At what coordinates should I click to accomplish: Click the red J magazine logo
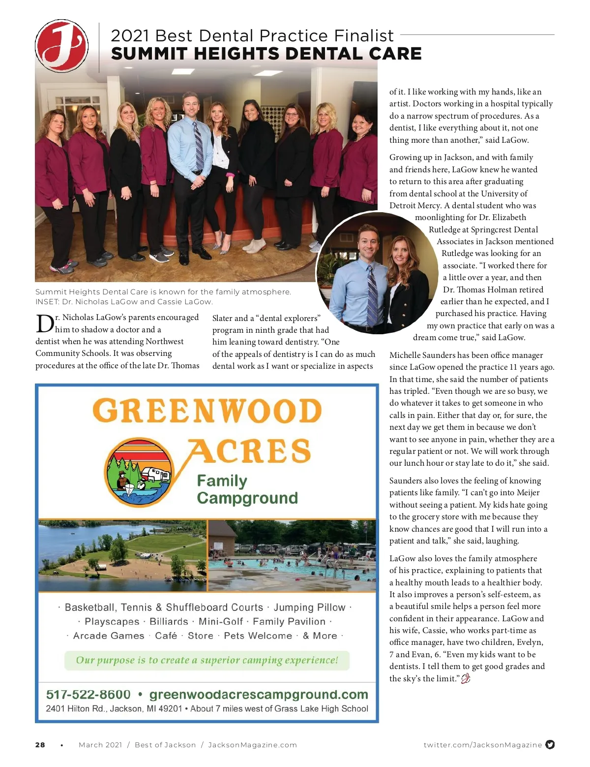61,46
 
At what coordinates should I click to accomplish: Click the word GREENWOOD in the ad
207,411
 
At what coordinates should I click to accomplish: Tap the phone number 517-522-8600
88,694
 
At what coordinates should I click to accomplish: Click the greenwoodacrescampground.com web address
259,694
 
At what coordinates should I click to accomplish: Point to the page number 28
40,745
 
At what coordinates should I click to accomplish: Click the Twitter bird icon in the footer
550,744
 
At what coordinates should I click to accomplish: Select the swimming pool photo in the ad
292,556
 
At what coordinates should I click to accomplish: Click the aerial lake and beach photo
122,556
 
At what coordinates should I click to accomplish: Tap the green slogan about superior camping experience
207,660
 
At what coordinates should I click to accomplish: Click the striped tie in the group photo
199,146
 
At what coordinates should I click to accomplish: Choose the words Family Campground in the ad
247,489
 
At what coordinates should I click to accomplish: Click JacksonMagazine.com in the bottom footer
253,745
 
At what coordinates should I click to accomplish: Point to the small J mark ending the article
466,678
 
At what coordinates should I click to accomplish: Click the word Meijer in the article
528,492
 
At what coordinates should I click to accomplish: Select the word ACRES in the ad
250,451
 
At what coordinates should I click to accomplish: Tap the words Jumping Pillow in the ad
309,607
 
